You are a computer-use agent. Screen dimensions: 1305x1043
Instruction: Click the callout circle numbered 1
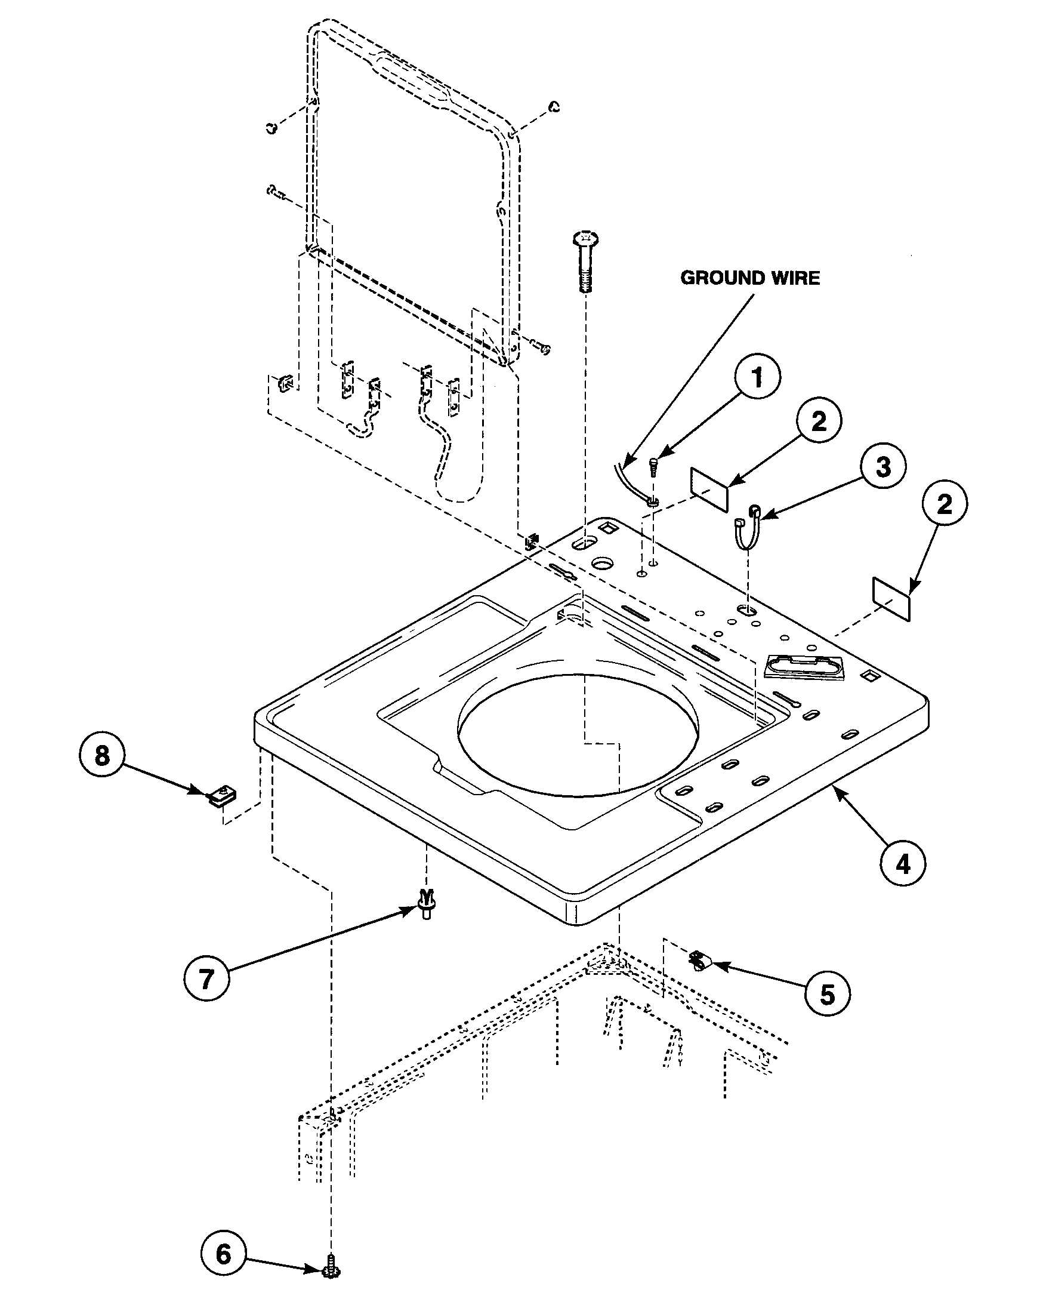757,377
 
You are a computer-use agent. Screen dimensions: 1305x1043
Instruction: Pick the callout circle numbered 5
826,994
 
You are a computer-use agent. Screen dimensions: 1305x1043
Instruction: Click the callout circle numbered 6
223,1254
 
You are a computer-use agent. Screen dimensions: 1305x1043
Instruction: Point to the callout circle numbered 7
206,979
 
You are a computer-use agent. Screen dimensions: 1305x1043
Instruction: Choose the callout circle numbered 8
102,755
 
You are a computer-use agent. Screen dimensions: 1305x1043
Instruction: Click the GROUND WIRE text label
749,278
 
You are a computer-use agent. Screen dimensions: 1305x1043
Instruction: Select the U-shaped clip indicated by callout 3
746,525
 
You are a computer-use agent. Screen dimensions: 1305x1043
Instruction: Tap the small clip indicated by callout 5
699,960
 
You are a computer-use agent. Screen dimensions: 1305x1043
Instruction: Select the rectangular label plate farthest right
891,599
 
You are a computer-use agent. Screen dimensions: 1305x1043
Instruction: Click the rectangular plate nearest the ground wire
709,489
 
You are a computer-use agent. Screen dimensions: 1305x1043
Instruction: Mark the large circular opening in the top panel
578,735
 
